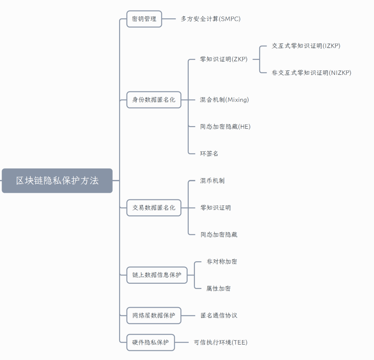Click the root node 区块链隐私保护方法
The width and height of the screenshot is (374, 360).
click(x=57, y=181)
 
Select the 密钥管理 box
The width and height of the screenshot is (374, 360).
click(x=144, y=19)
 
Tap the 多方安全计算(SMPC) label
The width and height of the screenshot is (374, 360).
click(x=211, y=19)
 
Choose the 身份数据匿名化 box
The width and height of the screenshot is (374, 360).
click(x=154, y=100)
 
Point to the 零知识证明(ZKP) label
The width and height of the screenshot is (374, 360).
click(x=224, y=59)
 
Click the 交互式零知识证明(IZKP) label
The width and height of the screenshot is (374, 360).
click(x=306, y=46)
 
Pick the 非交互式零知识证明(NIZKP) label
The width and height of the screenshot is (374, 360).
click(x=311, y=73)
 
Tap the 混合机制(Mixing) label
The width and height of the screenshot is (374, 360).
click(x=224, y=100)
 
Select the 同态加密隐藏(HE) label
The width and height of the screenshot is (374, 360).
click(x=225, y=127)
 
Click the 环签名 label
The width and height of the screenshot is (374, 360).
click(x=209, y=153)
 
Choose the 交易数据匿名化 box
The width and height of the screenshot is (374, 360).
click(x=154, y=208)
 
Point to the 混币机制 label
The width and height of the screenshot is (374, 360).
click(x=212, y=181)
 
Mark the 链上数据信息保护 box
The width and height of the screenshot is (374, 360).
click(x=157, y=275)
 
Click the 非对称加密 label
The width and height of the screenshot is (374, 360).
click(x=222, y=262)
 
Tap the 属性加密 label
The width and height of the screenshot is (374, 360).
click(x=219, y=289)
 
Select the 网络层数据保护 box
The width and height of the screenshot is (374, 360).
click(x=154, y=316)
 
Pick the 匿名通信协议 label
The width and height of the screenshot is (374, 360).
click(x=219, y=316)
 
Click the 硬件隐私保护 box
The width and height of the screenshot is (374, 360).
click(x=150, y=342)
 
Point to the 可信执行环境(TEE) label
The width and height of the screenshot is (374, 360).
click(x=221, y=342)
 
